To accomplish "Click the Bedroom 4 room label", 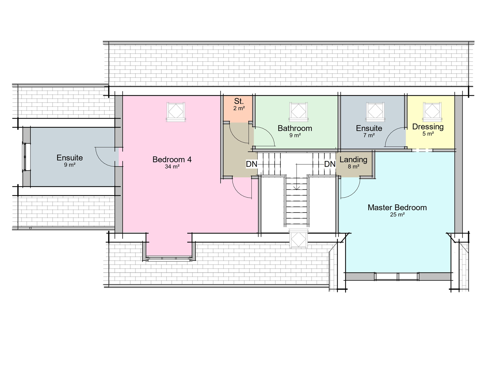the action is (172, 160).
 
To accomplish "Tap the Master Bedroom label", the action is (397, 208).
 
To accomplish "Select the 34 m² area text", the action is (172, 167).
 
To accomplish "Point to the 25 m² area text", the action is (397, 215).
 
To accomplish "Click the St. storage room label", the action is (239, 101).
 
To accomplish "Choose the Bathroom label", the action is (295, 128).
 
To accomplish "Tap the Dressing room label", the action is (428, 127).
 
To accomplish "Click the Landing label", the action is (353, 160).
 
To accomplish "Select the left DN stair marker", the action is (252, 164).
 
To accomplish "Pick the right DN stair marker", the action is (330, 164).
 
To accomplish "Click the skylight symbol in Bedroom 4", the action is (176, 112).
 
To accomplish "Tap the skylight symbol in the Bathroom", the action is (298, 112).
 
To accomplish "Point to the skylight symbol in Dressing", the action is (432, 112).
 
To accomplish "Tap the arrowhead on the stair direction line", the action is (297, 188).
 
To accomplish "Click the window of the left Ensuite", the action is (24, 157).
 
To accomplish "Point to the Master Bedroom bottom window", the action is (397, 276).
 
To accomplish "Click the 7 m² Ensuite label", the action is (369, 135).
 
